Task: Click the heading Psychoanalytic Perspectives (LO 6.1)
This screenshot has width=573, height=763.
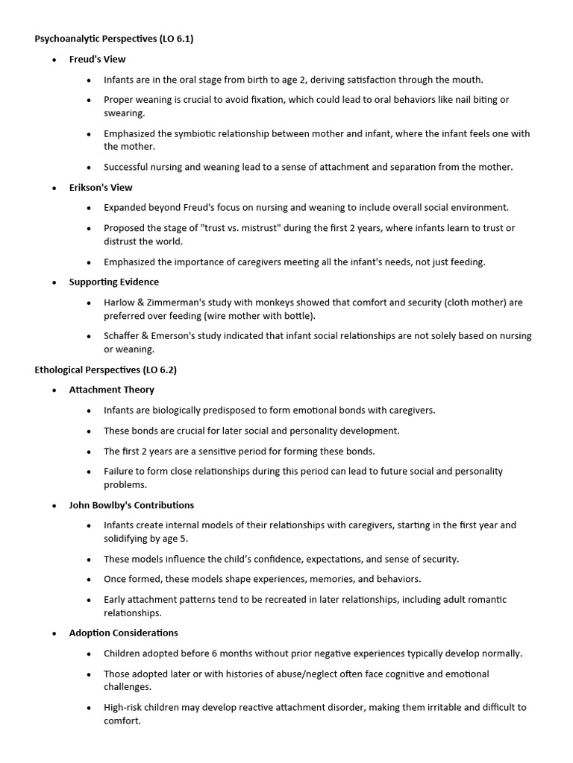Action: coord(113,39)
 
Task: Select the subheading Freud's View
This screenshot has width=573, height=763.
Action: coord(97,59)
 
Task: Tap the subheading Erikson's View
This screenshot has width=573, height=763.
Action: coord(101,187)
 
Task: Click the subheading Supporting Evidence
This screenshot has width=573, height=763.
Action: coord(113,282)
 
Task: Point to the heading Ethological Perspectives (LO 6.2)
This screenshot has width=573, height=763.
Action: coord(105,370)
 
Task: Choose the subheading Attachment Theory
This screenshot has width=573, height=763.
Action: coord(112,390)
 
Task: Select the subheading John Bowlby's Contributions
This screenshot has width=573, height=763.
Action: coord(131,504)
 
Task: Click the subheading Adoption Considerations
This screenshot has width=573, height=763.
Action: coord(123,633)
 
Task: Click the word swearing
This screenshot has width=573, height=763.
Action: coord(125,113)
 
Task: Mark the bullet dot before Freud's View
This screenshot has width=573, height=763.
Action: coord(54,60)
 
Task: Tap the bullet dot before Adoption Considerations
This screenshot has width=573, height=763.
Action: coord(54,633)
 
